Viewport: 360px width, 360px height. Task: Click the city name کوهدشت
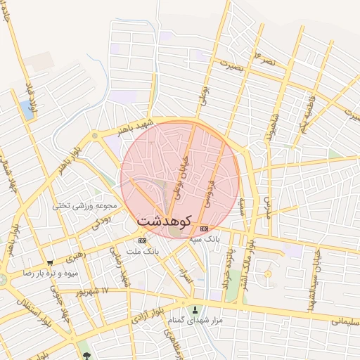(165, 220)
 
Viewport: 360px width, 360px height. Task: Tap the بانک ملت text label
(143, 250)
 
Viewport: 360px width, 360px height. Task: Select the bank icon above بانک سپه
(205, 229)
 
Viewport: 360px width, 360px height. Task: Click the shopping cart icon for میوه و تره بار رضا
(49, 262)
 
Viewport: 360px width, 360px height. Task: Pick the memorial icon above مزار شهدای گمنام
(195, 310)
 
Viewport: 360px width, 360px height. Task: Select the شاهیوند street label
(270, 127)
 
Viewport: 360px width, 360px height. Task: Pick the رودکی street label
(101, 222)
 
